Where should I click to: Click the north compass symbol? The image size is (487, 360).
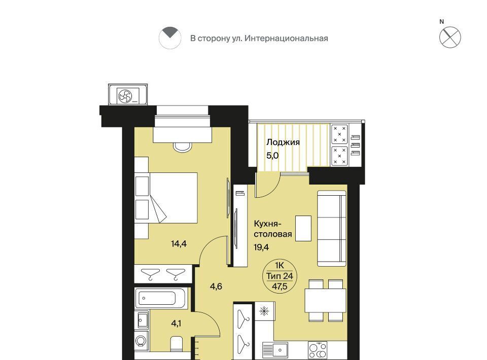click(450, 37)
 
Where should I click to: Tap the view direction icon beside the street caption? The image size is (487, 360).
click(170, 38)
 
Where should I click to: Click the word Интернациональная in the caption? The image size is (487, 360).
click(286, 38)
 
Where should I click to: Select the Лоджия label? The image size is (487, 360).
click(283, 142)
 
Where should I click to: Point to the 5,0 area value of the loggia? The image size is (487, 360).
click(272, 156)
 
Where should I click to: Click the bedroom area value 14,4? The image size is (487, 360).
click(179, 243)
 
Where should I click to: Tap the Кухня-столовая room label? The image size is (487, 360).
click(273, 229)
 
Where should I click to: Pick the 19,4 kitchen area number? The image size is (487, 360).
click(261, 247)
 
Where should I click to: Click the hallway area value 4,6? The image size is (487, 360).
click(216, 286)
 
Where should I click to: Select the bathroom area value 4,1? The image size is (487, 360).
click(176, 323)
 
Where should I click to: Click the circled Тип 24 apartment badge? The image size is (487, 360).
click(280, 276)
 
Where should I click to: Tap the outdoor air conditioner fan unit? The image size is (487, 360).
click(128, 95)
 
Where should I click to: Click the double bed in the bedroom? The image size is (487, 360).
click(166, 198)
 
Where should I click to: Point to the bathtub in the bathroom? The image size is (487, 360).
click(161, 298)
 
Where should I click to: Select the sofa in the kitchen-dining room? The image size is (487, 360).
click(331, 228)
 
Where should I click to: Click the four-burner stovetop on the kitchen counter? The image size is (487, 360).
click(318, 350)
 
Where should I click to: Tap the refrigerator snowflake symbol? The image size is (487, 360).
click(264, 311)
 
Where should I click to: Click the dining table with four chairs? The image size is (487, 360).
click(326, 301)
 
